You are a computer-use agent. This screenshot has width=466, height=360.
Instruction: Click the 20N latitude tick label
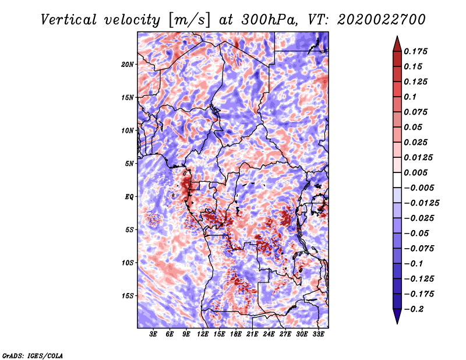click(x=128, y=65)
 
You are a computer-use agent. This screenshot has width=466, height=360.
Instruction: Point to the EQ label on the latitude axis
click(x=129, y=197)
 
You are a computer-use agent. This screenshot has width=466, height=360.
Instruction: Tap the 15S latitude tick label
click(x=128, y=296)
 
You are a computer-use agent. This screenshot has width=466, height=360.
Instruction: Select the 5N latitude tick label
click(x=129, y=164)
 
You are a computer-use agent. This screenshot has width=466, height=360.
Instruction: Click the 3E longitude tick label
click(x=153, y=334)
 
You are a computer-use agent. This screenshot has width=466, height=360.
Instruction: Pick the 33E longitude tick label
click(x=318, y=334)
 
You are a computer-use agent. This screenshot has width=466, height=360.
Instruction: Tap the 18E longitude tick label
click(x=236, y=334)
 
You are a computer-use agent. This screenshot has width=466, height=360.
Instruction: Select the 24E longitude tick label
click(x=269, y=334)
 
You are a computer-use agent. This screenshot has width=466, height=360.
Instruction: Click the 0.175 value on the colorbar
click(x=415, y=51)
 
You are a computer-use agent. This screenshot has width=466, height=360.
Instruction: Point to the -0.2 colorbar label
click(x=414, y=309)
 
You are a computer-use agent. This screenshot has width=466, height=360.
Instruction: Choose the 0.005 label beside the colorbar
click(x=415, y=172)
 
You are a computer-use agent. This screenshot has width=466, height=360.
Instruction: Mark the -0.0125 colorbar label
click(x=421, y=203)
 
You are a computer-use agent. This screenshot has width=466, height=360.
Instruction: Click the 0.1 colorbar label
click(x=410, y=97)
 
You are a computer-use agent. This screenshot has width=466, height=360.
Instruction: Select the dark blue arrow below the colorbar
click(x=397, y=316)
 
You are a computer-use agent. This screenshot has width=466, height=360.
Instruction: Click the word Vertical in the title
click(x=69, y=20)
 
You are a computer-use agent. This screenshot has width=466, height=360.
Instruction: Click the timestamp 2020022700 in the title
click(x=382, y=20)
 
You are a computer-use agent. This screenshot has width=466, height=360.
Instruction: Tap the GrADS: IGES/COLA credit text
click(x=33, y=356)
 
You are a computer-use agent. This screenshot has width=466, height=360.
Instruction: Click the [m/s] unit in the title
click(x=189, y=20)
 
